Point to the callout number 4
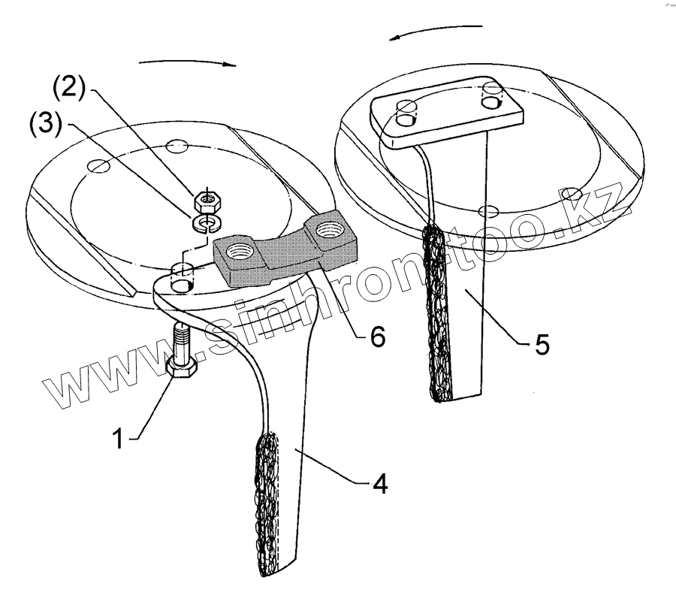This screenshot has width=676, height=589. click(380, 485)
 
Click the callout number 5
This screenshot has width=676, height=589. click(541, 346)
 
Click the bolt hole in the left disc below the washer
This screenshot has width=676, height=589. click(183, 276)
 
